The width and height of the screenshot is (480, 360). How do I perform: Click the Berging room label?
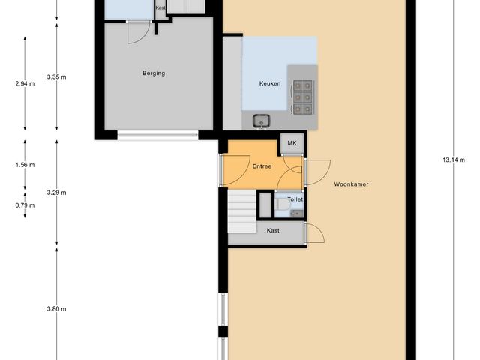tap(153, 73)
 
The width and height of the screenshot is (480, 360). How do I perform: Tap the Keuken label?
tap(270, 83)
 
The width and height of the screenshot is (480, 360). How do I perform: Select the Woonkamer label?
tap(351, 184)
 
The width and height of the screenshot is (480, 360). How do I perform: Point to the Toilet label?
tap(295, 200)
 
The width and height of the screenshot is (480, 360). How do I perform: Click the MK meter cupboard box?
tap(292, 145)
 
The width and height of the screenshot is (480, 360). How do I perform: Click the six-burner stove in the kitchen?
tap(303, 97)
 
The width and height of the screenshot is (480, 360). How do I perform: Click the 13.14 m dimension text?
tap(454, 160)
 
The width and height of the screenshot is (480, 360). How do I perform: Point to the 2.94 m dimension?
tap(25, 84)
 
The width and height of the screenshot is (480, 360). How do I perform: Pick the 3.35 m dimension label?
tap(56, 77)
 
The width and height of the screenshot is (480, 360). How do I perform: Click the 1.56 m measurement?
tap(25, 165)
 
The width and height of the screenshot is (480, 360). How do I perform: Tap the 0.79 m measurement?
tap(25, 205)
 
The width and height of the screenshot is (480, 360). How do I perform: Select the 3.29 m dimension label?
tap(56, 193)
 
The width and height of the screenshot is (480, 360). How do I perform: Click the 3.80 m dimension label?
tap(56, 309)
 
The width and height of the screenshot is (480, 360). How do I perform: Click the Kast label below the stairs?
tap(273, 231)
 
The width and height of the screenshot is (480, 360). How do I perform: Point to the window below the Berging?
tap(157, 136)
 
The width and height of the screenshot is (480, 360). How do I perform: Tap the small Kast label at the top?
tap(160, 7)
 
